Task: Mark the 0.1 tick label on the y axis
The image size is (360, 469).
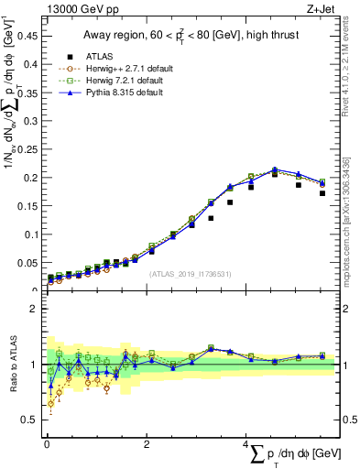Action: pyautogui.click(x=34, y=234)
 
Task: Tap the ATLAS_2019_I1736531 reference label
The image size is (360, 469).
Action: pyautogui.click(x=191, y=274)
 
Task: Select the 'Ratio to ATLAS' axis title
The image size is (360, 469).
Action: pyautogui.click(x=14, y=365)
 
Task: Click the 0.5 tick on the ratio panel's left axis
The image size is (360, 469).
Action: pyautogui.click(x=34, y=420)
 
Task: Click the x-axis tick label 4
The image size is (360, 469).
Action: pyautogui.click(x=246, y=444)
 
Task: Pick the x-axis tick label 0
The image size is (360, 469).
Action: pyautogui.click(x=47, y=444)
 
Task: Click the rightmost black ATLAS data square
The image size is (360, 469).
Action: pyautogui.click(x=322, y=193)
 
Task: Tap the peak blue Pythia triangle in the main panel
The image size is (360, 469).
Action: pyautogui.click(x=274, y=169)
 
